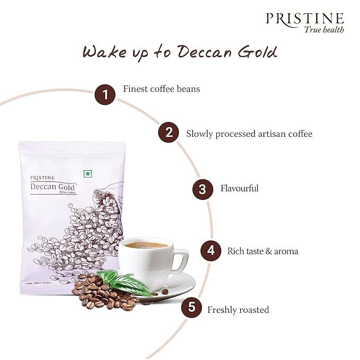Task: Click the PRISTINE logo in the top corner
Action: pyautogui.click(x=304, y=19)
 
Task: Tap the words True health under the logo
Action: pyautogui.click(x=323, y=30)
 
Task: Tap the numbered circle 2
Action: pyautogui.click(x=169, y=133)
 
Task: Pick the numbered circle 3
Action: pyautogui.click(x=203, y=188)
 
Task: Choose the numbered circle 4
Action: pyautogui.click(x=210, y=250)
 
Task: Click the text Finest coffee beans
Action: pyautogui.click(x=161, y=89)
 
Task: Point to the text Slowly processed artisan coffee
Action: pyautogui.click(x=249, y=134)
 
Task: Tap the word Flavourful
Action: pyautogui.click(x=240, y=188)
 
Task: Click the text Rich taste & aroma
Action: pyautogui.click(x=263, y=251)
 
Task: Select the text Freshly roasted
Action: pyautogui.click(x=239, y=310)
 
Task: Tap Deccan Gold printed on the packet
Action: pyautogui.click(x=53, y=186)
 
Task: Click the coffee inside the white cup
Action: pyautogui.click(x=146, y=245)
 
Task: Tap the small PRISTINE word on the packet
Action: pyautogui.click(x=41, y=177)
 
